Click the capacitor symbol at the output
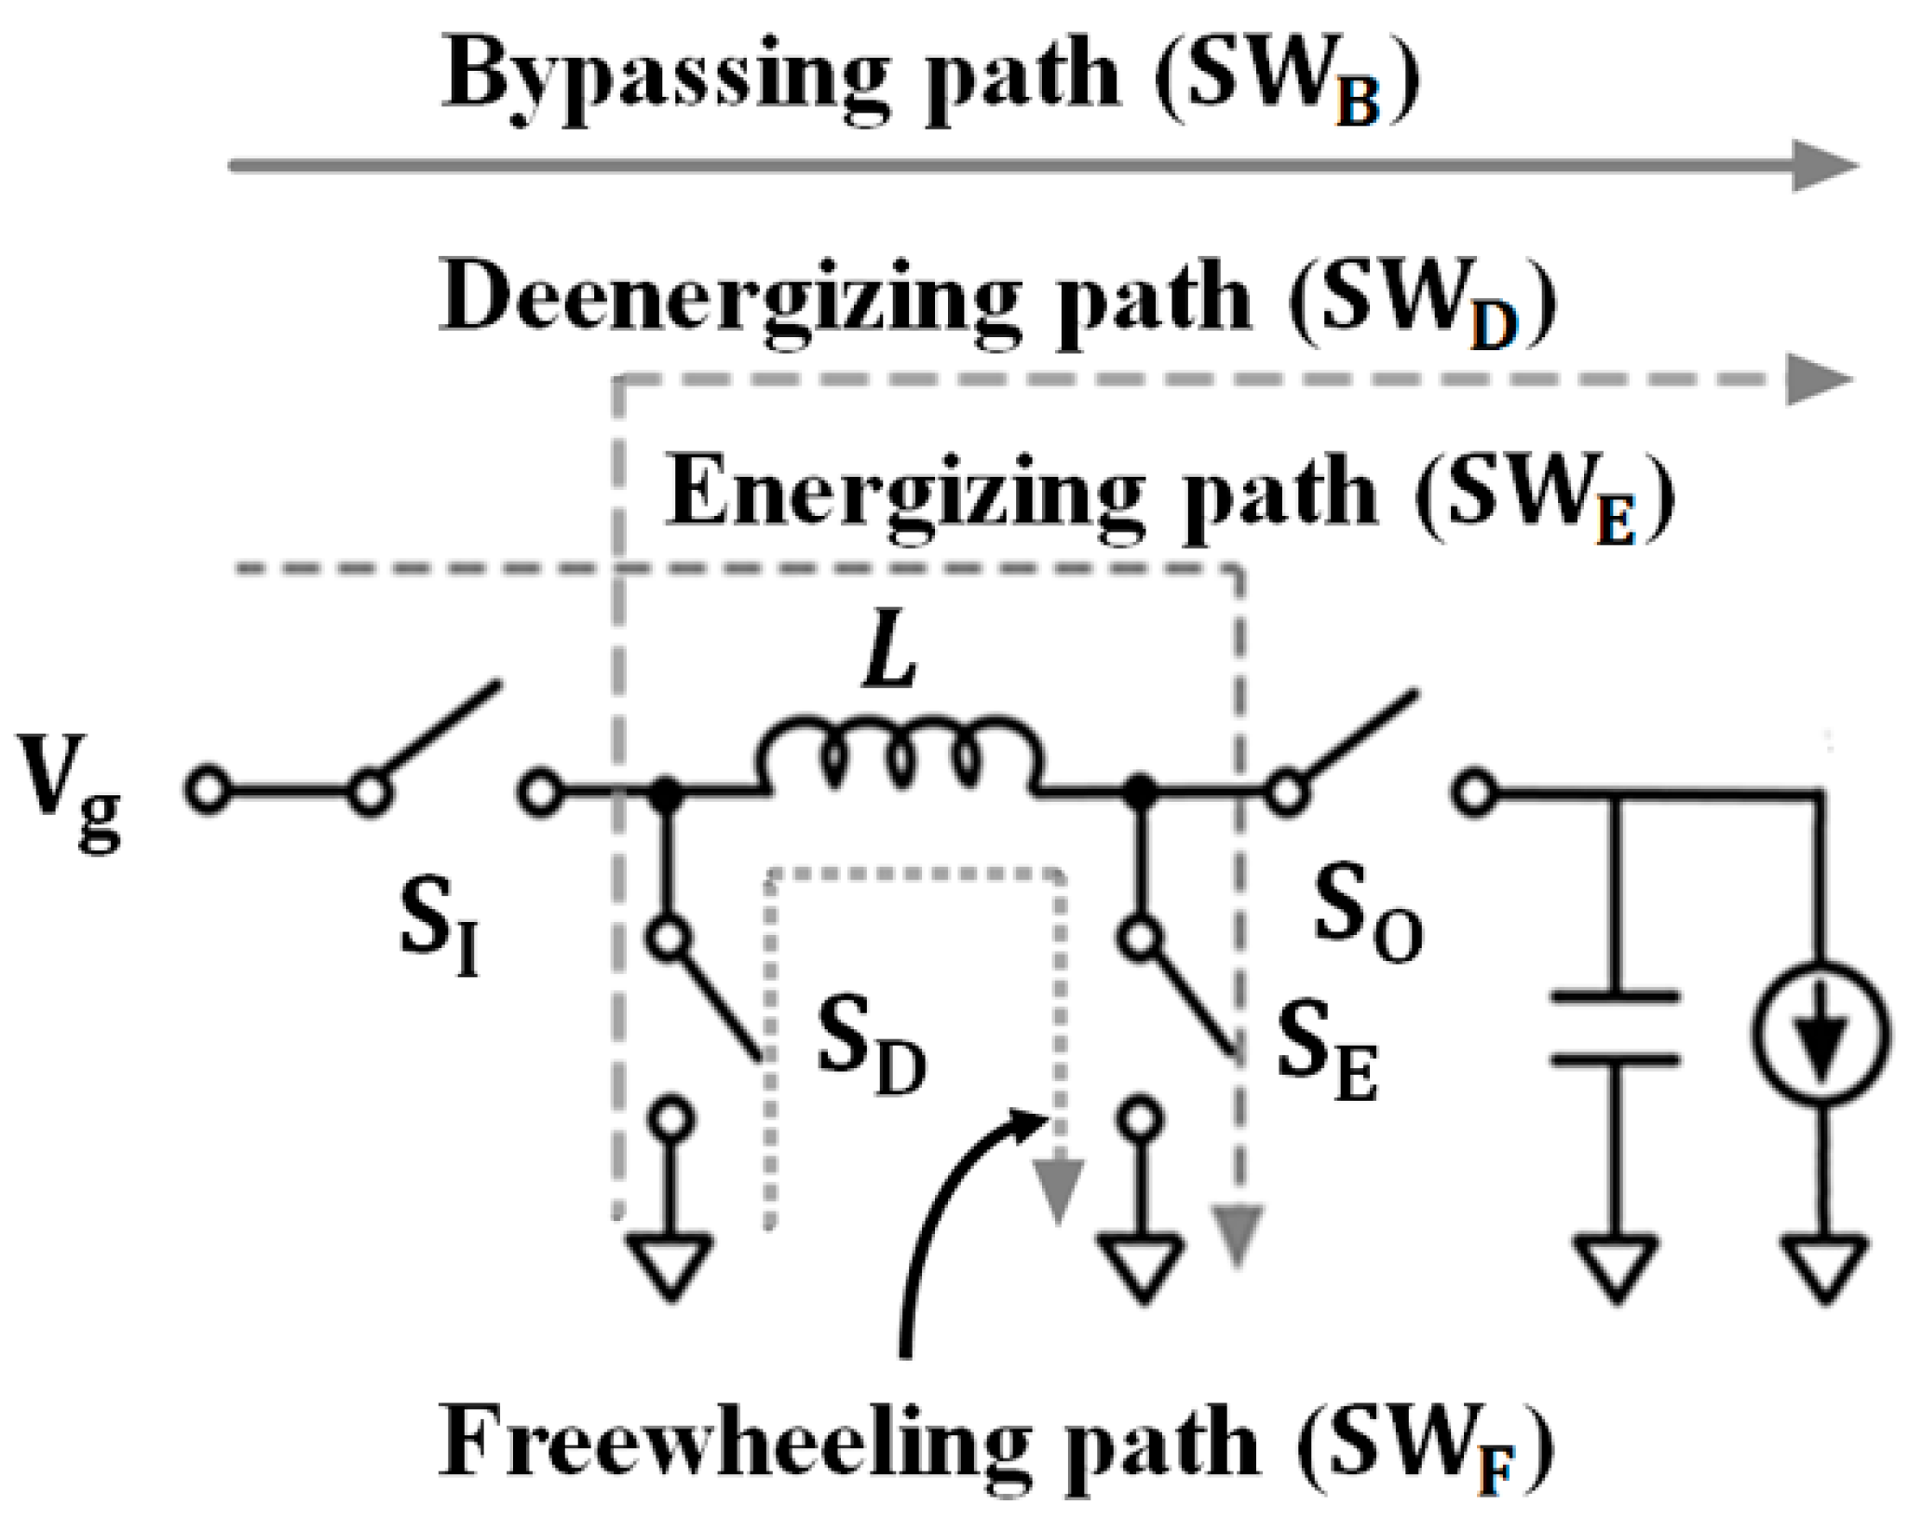pyautogui.click(x=1617, y=1028)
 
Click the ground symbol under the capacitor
pyautogui.click(x=1617, y=1267)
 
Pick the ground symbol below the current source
pyautogui.click(x=1823, y=1267)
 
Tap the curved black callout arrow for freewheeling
pyautogui.click(x=941, y=1220)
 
